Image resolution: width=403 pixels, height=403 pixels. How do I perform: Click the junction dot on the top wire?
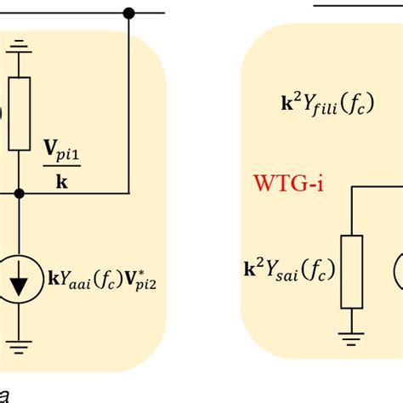(x=129, y=13)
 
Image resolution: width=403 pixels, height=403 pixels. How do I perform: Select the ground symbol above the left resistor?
(x=19, y=47)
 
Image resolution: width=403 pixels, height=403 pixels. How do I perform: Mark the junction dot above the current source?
(x=19, y=194)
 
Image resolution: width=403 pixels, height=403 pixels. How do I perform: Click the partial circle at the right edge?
(x=398, y=272)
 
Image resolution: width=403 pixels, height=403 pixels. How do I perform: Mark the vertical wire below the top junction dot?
(x=129, y=102)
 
